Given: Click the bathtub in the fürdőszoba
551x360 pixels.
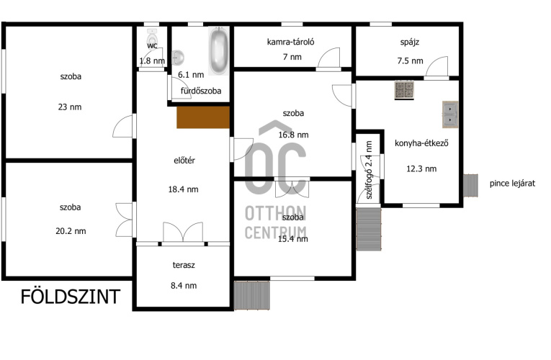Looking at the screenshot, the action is (x=219, y=50).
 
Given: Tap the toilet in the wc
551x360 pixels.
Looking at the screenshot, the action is (x=152, y=36).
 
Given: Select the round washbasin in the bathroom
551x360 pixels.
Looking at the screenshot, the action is (x=177, y=58).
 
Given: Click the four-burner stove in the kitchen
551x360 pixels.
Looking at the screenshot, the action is (x=404, y=90).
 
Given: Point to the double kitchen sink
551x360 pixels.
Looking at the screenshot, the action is (x=449, y=114).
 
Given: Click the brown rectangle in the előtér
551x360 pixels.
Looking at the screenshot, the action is (x=203, y=117).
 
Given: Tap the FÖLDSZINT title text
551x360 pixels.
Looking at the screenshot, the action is (x=71, y=297).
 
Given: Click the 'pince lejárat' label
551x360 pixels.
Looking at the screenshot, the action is (x=512, y=184).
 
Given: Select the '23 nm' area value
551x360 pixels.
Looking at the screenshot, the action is (x=70, y=107).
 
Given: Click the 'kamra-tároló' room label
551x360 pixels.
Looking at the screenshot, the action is (x=290, y=42).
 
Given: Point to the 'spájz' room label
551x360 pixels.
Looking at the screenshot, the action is (x=410, y=42).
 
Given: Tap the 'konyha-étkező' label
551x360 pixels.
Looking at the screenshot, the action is (x=421, y=143).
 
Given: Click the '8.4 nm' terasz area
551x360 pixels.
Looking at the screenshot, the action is (x=184, y=286).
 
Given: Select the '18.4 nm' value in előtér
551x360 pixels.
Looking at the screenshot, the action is (x=183, y=189).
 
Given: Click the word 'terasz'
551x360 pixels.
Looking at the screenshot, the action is (x=184, y=265).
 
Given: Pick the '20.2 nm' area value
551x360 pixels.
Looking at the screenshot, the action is (x=71, y=231).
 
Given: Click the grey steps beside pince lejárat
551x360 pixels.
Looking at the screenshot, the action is (x=470, y=186).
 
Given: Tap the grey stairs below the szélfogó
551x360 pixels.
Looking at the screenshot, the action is (x=369, y=229).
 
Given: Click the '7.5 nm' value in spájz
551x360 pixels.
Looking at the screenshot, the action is (x=410, y=60).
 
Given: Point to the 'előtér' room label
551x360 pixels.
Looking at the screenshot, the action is (x=184, y=161).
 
